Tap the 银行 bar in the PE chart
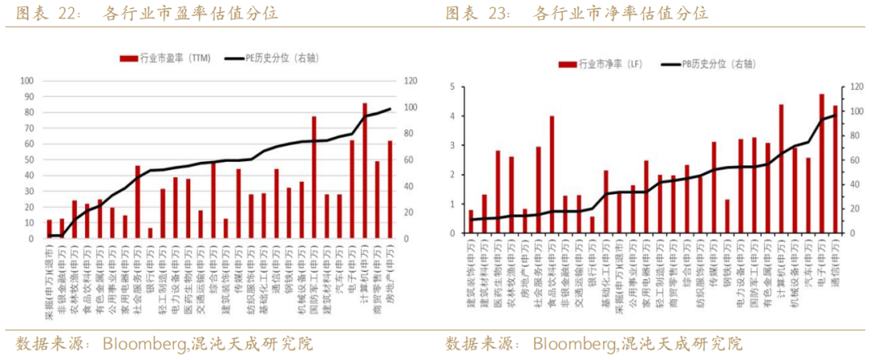[150, 234]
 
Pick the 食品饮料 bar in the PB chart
[552, 176]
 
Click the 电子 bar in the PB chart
[821, 165]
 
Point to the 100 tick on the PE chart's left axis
[27, 81]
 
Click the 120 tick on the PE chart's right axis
[411, 81]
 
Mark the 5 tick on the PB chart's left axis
[452, 87]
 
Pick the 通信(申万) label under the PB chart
[835, 265]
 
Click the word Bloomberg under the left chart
[144, 343]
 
